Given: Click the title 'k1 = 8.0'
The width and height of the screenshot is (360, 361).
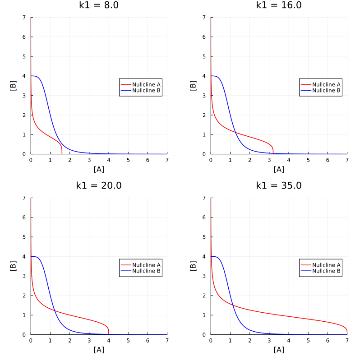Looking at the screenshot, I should tap(99, 5).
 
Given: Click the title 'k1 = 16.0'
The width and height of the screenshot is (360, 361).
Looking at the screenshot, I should tap(279, 5).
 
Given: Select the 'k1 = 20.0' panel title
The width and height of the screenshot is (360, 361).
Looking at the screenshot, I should tap(99, 185).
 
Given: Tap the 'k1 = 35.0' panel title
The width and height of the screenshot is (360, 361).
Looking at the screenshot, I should tap(279, 185).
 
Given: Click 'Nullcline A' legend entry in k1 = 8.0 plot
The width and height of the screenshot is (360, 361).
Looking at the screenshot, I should tap(146, 84).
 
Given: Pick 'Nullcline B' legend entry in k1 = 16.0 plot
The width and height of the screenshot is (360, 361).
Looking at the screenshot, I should tap(326, 90).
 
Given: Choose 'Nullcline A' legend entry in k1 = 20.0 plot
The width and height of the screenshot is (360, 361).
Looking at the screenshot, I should tap(146, 265).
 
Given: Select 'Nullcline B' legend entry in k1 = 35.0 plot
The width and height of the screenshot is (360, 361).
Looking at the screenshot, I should tap(326, 271).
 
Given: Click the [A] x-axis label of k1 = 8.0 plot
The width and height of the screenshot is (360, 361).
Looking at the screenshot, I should tap(99, 169).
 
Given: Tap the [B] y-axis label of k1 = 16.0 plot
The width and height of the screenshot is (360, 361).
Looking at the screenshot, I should tap(193, 86).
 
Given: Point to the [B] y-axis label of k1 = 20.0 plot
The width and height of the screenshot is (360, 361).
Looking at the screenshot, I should tap(13, 266).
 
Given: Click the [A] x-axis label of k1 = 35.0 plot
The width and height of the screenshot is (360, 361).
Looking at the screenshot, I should tap(279, 350).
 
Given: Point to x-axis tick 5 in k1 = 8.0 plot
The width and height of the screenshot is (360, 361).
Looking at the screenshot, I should tap(128, 160).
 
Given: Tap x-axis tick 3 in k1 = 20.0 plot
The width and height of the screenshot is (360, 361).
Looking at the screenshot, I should tap(89, 340).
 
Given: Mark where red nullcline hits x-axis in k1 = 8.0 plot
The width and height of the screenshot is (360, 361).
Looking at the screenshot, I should tap(62, 153).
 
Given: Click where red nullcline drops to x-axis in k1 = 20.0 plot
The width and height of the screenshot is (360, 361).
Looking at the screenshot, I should tap(109, 334).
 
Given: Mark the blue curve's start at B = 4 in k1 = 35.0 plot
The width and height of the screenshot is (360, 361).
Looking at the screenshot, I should tap(211, 256).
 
